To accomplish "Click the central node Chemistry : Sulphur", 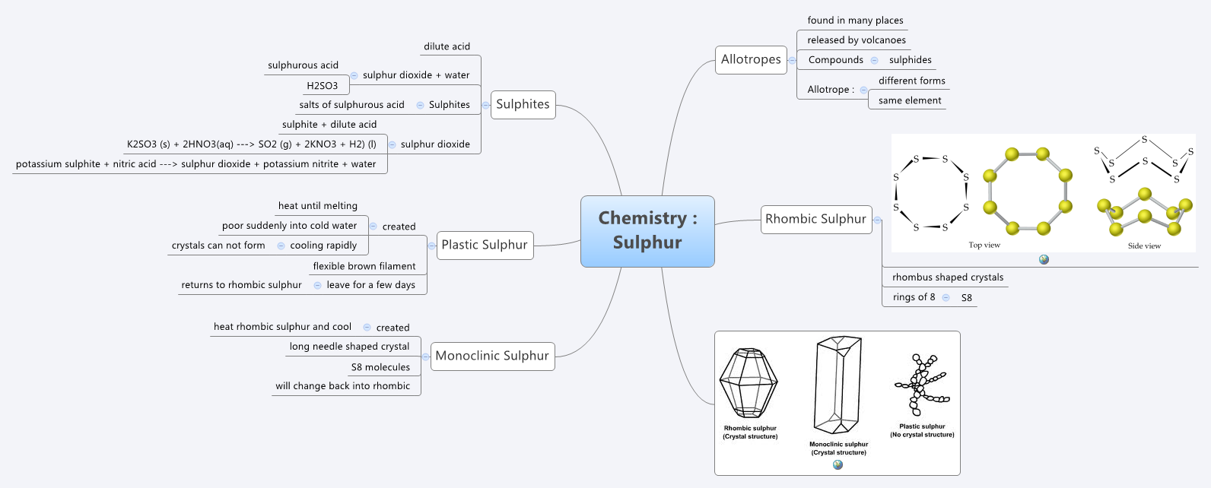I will (x=647, y=231).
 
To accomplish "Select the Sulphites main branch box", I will (x=523, y=104).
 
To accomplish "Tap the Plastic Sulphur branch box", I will (x=485, y=245).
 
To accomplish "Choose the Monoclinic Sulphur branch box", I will (x=492, y=356).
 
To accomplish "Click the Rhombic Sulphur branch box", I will (x=815, y=219).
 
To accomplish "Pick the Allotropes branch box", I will (x=751, y=59).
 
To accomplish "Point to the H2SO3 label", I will (x=323, y=86).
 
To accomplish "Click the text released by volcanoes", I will (x=857, y=40).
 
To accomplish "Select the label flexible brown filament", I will (x=364, y=266).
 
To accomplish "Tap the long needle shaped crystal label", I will (x=349, y=347).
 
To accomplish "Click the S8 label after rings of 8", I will (x=966, y=298).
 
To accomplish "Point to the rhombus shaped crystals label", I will (x=948, y=277).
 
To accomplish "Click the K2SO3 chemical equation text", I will (x=252, y=144).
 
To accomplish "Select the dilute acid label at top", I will (x=447, y=46).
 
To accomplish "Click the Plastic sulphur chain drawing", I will (x=921, y=384).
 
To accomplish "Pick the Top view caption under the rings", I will (x=984, y=245).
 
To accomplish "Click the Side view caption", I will (x=1144, y=246).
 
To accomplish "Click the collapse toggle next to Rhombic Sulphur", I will (x=877, y=220).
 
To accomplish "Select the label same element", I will (x=910, y=100).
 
